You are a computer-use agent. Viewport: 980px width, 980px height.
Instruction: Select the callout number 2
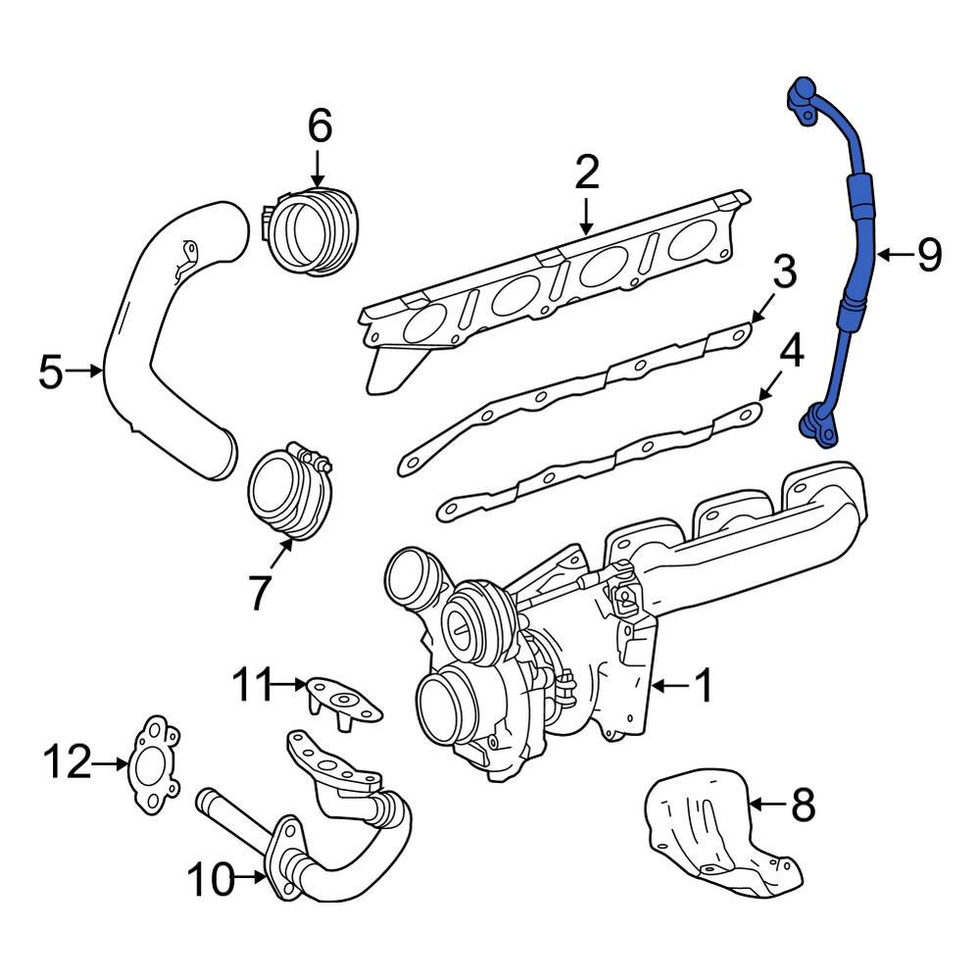click(586, 172)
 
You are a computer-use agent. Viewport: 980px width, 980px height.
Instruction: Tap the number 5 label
click(51, 371)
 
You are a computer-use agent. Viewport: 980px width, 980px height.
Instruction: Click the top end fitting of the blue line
click(804, 98)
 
